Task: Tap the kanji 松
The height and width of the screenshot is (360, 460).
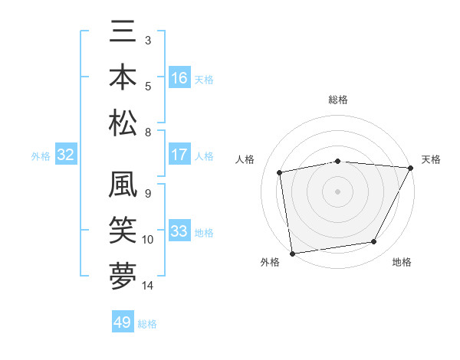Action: click(123, 122)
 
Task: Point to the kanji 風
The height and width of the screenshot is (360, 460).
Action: click(123, 186)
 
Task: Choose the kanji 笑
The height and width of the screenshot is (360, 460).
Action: click(123, 230)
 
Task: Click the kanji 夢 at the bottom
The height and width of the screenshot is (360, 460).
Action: click(123, 275)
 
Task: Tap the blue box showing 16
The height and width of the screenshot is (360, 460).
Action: click(179, 78)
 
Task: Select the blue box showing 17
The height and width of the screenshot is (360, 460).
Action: click(179, 155)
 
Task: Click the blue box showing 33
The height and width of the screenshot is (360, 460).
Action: click(179, 231)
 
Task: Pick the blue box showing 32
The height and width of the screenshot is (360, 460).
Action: click(65, 155)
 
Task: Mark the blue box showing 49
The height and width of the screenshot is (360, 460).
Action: click(123, 322)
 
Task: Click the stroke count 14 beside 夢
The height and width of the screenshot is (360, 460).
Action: click(148, 286)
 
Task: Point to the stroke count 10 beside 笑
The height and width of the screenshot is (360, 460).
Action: click(148, 240)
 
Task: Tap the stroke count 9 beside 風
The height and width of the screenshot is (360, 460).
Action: click(148, 194)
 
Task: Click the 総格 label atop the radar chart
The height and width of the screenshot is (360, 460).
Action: click(337, 100)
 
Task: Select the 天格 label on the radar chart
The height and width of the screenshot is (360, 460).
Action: click(431, 159)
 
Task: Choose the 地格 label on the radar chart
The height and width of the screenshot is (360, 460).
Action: click(402, 262)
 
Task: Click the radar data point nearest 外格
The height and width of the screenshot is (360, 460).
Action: click(292, 253)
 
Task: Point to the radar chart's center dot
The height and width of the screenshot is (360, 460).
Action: click(337, 191)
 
